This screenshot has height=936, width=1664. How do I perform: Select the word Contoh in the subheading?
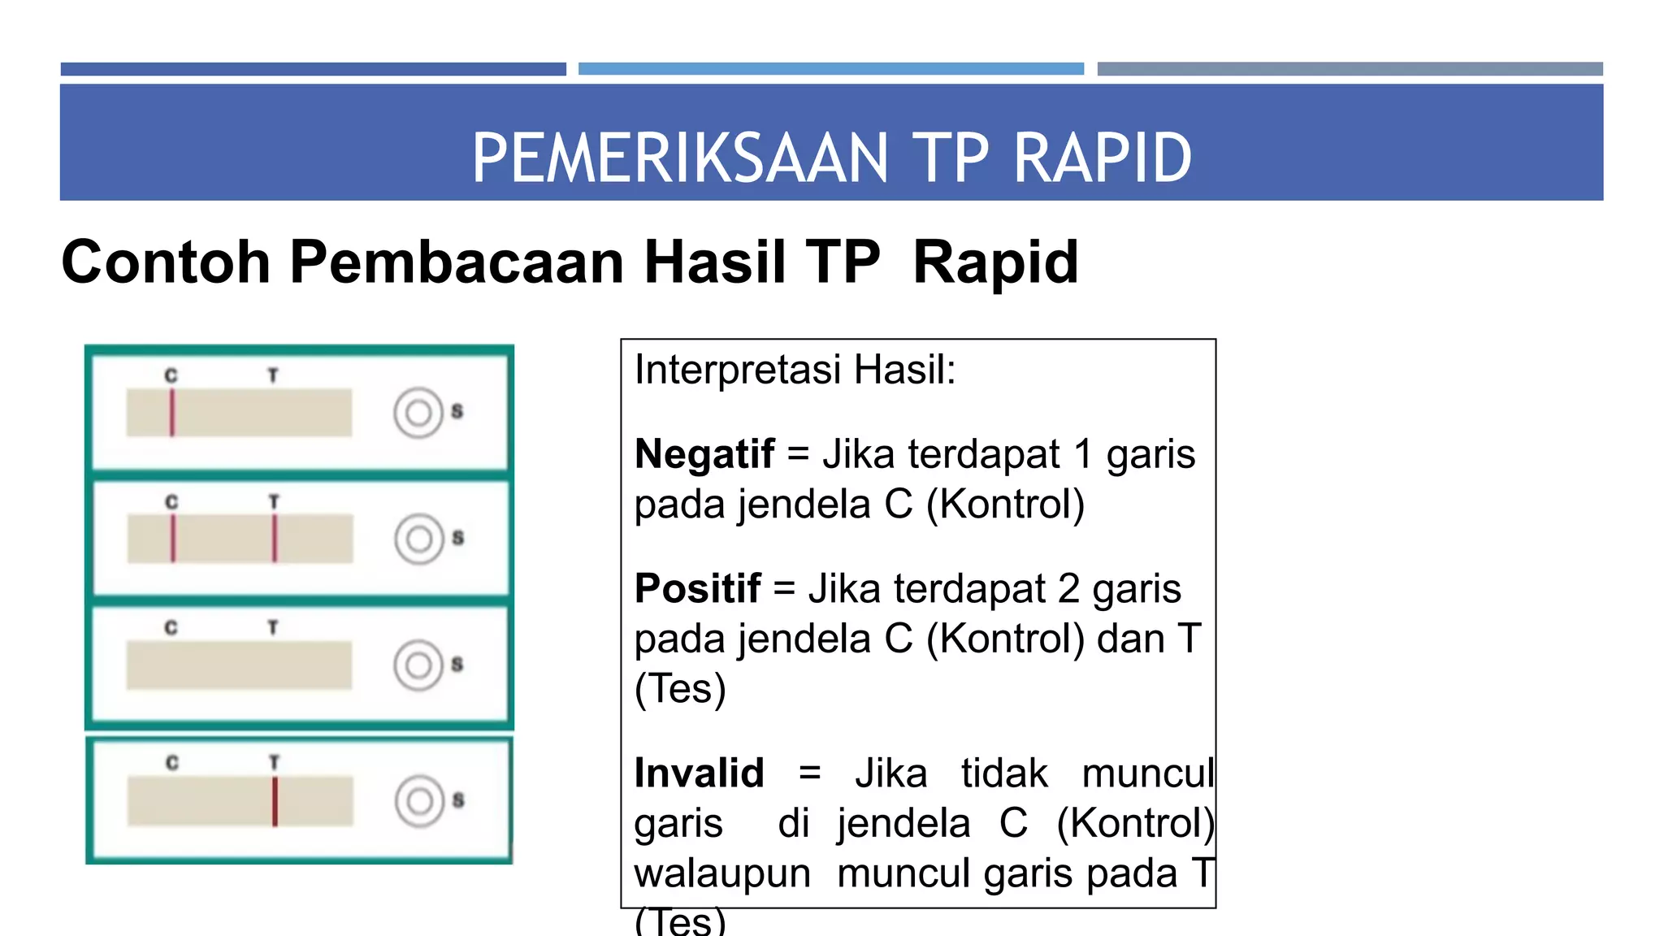tap(166, 262)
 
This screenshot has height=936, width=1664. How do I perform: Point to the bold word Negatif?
tap(704, 453)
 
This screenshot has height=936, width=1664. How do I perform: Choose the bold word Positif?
tap(698, 588)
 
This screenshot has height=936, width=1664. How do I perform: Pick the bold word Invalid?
tap(699, 773)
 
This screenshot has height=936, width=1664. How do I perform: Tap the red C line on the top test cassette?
tap(172, 413)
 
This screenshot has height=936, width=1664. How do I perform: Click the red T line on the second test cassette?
tap(275, 538)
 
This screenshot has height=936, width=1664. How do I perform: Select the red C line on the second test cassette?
tap(173, 538)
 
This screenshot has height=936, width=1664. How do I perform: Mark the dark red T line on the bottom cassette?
tap(275, 801)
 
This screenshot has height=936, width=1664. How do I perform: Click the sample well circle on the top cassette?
tap(418, 414)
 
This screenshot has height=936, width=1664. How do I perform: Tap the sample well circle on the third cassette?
tap(418, 665)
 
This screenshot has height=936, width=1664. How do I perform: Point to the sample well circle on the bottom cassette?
tap(419, 801)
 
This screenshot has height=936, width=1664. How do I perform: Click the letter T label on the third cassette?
tap(273, 628)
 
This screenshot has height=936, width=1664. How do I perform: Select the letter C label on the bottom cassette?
tap(172, 763)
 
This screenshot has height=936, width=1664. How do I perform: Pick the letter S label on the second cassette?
tap(458, 538)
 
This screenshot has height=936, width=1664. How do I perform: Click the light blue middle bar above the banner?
tap(830, 69)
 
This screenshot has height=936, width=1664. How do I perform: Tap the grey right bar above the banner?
tap(1350, 69)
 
